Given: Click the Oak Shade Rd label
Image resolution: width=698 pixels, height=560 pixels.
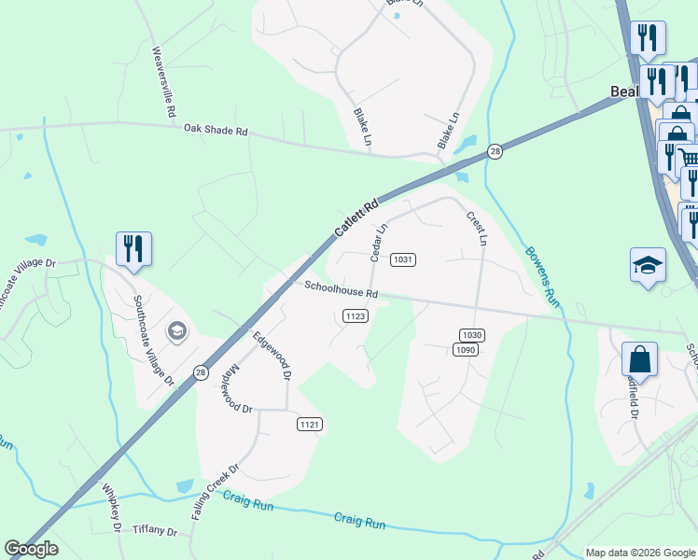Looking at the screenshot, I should (216, 131).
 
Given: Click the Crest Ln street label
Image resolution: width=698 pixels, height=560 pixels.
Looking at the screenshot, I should (477, 229).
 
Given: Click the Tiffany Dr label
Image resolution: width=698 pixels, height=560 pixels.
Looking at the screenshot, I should (155, 530).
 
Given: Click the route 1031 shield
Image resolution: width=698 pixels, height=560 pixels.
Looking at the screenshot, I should (403, 259).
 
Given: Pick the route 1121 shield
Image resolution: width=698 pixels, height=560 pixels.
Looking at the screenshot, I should (311, 425).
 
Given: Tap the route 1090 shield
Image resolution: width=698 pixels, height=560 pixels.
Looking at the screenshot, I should (466, 349).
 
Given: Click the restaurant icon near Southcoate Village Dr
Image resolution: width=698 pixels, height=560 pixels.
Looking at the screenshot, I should (133, 249).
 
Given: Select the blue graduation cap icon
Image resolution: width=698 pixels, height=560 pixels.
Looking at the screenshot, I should (648, 266).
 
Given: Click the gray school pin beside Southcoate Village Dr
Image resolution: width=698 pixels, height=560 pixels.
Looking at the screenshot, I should (176, 331).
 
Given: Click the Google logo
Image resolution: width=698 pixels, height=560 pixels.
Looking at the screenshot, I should (31, 549).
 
